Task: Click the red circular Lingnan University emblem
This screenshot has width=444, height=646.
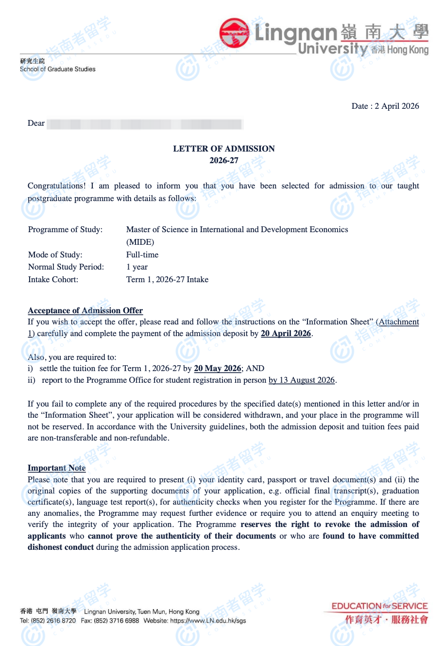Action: [234, 33]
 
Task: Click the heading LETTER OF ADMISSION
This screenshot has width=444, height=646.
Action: [224, 149]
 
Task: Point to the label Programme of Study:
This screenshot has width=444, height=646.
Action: [65, 230]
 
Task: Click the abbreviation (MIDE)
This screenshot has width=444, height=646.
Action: [140, 242]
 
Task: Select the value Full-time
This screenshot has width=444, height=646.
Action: [142, 255]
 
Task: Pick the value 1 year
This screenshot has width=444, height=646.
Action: [137, 267]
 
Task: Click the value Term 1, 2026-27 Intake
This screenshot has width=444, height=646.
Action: [167, 279]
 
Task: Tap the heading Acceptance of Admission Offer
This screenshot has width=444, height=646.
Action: [85, 310]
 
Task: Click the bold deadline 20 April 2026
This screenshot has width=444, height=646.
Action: [286, 334]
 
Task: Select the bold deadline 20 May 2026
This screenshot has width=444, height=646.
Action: [217, 368]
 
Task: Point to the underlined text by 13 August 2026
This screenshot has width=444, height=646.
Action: [302, 380]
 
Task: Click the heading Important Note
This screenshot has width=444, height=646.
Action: [56, 468]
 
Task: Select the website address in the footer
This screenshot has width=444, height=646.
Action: [208, 621]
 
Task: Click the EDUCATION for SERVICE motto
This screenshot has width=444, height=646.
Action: [379, 606]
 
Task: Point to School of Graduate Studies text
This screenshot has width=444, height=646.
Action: [58, 69]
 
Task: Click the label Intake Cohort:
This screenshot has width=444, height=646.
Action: [53, 279]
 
